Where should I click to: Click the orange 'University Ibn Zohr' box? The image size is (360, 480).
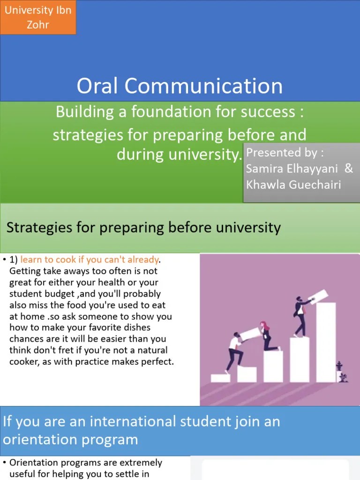tap(38, 17)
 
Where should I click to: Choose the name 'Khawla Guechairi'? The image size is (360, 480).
tap(293, 185)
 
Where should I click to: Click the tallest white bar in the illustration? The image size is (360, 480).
tap(326, 342)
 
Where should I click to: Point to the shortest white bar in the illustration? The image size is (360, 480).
tap(220, 378)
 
